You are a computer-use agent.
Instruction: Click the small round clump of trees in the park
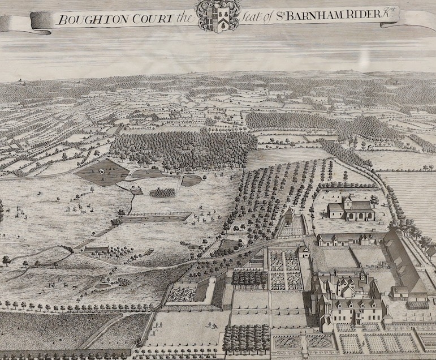point(163,192)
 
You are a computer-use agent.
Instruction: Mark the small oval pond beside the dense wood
point(191,181)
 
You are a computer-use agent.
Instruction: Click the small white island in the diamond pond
point(102,170)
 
